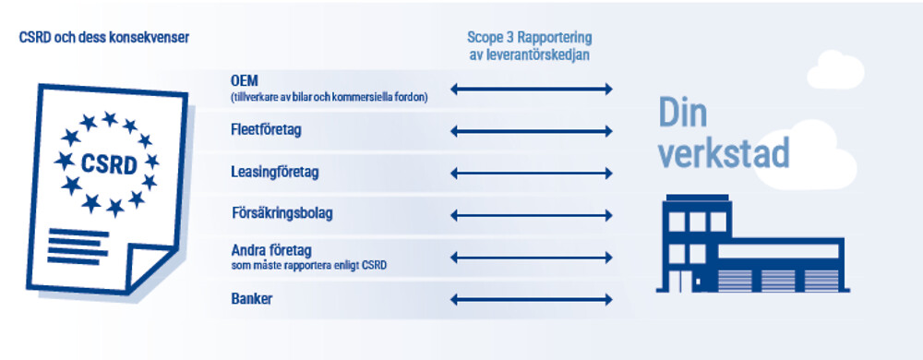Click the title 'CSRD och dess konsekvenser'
pyautogui.click(x=104, y=38)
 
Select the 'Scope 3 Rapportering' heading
pyautogui.click(x=529, y=38)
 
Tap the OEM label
pyautogui.click(x=245, y=80)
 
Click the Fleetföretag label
pyautogui.click(x=266, y=129)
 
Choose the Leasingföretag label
pyautogui.click(x=275, y=173)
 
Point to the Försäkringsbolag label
pyautogui.click(x=282, y=213)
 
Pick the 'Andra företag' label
pyautogui.click(x=270, y=252)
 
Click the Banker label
pyautogui.click(x=252, y=299)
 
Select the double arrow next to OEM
pyautogui.click(x=532, y=90)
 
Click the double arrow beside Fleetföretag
pyautogui.click(x=532, y=131)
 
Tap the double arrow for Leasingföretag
pyautogui.click(x=532, y=174)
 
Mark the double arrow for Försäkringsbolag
pyautogui.click(x=532, y=216)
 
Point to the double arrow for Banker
pyautogui.click(x=532, y=300)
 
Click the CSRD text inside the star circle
pyautogui.click(x=109, y=164)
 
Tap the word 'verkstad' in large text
pyautogui.click(x=724, y=153)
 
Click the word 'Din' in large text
pyautogui.click(x=683, y=113)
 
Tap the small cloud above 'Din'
pyautogui.click(x=835, y=70)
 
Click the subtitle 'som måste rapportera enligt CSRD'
pyautogui.click(x=309, y=267)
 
